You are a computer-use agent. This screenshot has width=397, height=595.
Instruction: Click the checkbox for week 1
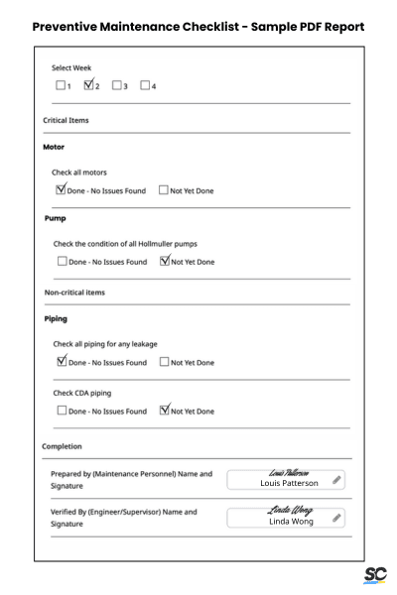tap(61, 85)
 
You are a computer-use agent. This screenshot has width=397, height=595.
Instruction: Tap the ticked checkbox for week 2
tap(89, 85)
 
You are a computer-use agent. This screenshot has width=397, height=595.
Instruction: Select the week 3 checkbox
tap(118, 85)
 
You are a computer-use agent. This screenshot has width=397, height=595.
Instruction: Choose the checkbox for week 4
tap(146, 85)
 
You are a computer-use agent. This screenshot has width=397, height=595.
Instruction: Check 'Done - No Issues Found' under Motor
tap(61, 189)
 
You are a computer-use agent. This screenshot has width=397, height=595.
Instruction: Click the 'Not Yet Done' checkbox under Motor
tap(164, 189)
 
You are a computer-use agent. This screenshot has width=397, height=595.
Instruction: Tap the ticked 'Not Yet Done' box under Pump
tap(164, 262)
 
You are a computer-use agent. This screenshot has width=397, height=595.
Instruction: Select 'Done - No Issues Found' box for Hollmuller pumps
tap(61, 262)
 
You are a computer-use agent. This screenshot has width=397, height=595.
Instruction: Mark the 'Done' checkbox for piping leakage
tap(61, 362)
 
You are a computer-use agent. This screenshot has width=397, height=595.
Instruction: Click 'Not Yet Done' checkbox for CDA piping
tap(164, 411)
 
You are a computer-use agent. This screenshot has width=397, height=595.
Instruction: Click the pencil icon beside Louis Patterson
tap(336, 480)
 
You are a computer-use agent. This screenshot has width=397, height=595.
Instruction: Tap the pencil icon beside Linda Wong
tap(336, 518)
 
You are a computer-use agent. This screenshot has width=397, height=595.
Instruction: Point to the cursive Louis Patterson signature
tap(289, 473)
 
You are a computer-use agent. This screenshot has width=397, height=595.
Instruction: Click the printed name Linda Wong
tap(289, 522)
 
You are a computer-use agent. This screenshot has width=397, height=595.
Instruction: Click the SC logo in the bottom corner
tap(375, 575)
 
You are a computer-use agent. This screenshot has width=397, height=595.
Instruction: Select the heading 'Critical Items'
tap(66, 120)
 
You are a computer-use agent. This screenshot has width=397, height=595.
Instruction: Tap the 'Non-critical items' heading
tap(73, 293)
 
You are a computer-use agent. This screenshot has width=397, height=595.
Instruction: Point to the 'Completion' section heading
tap(62, 446)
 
